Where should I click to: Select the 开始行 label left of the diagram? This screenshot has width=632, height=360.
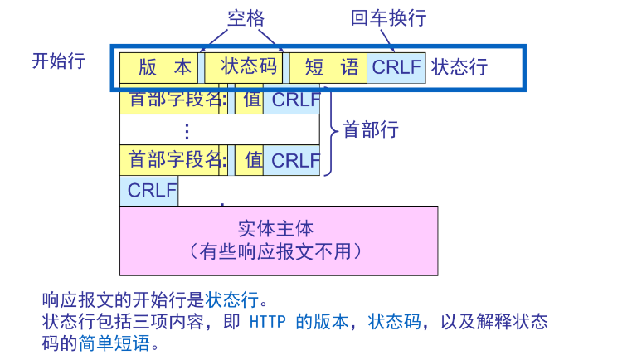click(58, 61)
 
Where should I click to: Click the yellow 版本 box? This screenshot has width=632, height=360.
click(159, 67)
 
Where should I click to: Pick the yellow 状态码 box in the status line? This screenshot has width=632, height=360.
click(244, 67)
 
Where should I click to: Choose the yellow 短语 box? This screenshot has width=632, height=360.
click(328, 67)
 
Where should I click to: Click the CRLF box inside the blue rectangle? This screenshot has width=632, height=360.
click(396, 67)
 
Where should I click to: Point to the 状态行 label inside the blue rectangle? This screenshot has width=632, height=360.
click(459, 67)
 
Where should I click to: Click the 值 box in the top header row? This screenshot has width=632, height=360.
click(250, 100)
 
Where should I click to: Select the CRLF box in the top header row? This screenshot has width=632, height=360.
click(293, 100)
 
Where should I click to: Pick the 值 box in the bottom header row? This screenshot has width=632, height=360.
click(250, 159)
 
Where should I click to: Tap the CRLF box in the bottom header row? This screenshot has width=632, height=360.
click(293, 159)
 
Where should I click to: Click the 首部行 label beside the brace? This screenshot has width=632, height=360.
click(371, 130)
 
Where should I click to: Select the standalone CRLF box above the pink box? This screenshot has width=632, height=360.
click(149, 191)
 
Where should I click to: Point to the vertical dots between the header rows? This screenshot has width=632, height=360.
click(187, 130)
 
